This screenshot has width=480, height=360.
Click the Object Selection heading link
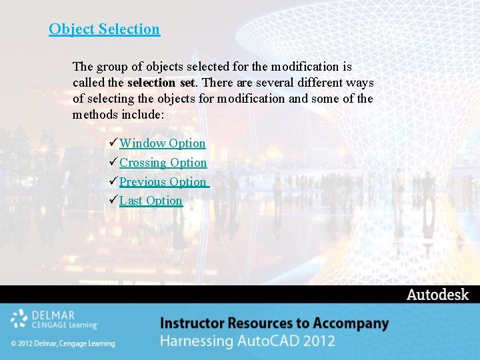pyautogui.click(x=104, y=29)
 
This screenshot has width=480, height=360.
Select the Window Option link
pyautogui.click(x=163, y=143)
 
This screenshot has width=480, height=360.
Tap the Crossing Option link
pyautogui.click(x=163, y=163)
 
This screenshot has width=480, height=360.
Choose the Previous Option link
pyautogui.click(x=163, y=182)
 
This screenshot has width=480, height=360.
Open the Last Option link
pyautogui.click(x=151, y=201)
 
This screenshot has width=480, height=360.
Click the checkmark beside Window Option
pyautogui.click(x=112, y=143)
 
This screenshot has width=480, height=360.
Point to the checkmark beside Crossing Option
pyautogui.click(x=112, y=162)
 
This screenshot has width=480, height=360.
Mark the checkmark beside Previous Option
pyautogui.click(x=112, y=181)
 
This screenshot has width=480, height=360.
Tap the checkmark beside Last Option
pyautogui.click(x=112, y=200)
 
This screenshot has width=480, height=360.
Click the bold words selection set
pyautogui.click(x=161, y=83)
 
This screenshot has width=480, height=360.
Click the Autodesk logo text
pyautogui.click(x=437, y=295)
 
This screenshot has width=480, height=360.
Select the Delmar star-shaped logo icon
pyautogui.click(x=19, y=319)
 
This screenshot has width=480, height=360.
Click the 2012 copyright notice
pyautogui.click(x=63, y=343)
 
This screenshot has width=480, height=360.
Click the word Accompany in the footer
pyautogui.click(x=353, y=323)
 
